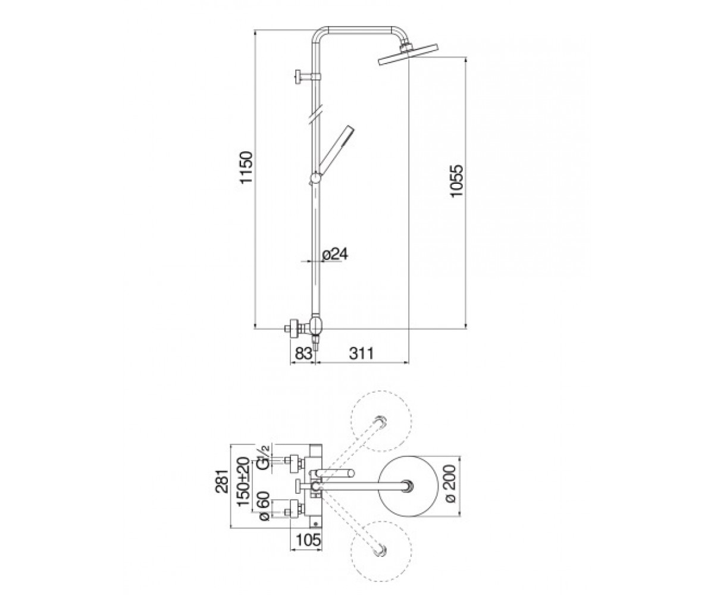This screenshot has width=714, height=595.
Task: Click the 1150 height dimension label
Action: point(246,167)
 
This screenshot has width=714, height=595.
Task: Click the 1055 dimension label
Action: point(456,181)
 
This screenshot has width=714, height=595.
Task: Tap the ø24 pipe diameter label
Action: point(335,254)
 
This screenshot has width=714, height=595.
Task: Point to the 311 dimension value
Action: point(361,353)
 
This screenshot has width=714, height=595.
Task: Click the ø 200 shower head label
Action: point(452,483)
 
